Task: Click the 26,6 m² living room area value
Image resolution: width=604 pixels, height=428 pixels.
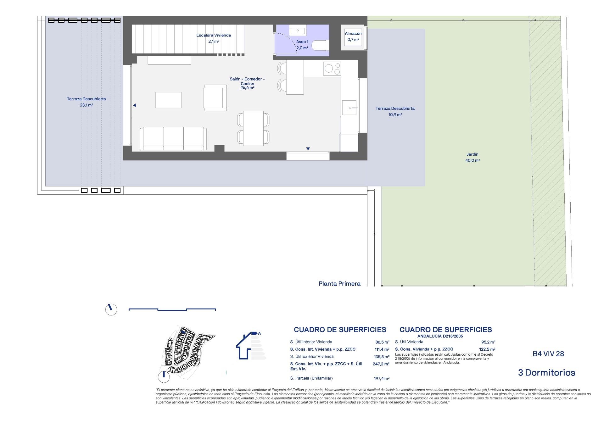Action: [x=247, y=88]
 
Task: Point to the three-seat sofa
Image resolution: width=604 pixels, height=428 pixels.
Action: [x=173, y=138]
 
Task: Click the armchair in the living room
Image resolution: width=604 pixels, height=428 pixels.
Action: [x=215, y=97]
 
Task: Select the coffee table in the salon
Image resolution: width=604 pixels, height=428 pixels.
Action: [x=168, y=100]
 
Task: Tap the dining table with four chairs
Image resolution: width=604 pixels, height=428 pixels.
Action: [x=254, y=128]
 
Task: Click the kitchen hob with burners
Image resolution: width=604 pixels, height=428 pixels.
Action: [x=332, y=69]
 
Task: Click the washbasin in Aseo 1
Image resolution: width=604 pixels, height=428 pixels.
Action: [x=296, y=31]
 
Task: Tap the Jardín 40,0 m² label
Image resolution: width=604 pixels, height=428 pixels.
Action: [x=473, y=157]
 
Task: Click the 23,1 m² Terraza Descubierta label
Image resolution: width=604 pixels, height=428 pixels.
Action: [x=86, y=102]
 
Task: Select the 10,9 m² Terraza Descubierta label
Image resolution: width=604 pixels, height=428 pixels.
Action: [x=395, y=111]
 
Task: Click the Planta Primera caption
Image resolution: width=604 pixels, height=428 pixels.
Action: [x=339, y=284]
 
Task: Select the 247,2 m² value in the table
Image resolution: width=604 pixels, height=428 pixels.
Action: [x=381, y=364]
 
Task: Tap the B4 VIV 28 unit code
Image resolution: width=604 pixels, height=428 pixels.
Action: [x=548, y=354]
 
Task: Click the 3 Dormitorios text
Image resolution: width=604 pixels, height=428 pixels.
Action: [x=546, y=373]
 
